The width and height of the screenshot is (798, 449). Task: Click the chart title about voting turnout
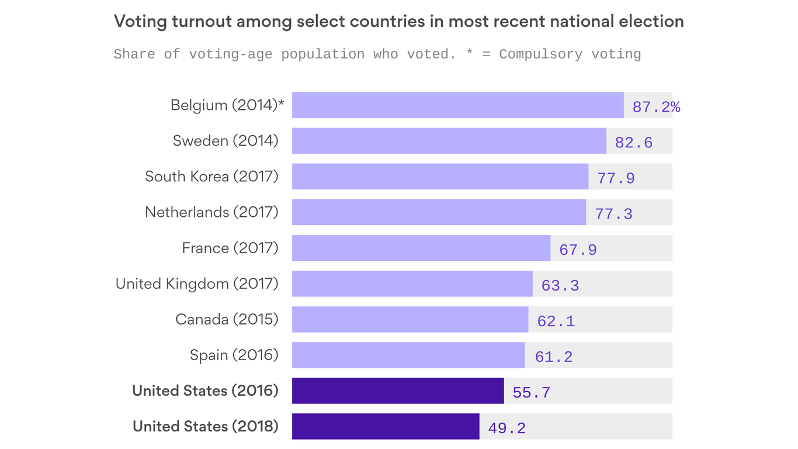[x=398, y=22]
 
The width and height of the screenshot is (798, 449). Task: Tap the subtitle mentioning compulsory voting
[x=377, y=54]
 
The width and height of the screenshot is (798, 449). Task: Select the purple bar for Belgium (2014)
[x=457, y=105]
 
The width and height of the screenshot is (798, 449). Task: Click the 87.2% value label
[x=656, y=107]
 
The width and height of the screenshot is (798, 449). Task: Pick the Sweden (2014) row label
[x=225, y=141]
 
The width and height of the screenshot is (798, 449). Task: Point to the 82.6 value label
[x=633, y=143]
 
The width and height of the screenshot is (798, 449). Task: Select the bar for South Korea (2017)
[x=440, y=177]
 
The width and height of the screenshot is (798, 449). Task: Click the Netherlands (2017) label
[x=211, y=212]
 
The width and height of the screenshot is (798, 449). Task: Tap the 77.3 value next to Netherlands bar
[x=613, y=214]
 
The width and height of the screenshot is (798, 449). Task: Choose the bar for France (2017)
[x=421, y=248]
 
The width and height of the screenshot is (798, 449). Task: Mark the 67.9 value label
[x=578, y=250]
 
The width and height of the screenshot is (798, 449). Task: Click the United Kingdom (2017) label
[x=197, y=284]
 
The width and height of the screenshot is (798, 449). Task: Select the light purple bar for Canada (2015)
[x=410, y=319]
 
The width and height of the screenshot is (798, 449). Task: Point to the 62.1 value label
[x=556, y=321]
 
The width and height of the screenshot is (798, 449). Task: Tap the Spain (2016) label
[x=234, y=355]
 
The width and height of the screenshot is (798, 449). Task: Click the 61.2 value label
[x=553, y=357]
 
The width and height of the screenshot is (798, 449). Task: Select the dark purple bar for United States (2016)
[x=397, y=391]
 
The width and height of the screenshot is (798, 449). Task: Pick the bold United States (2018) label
[x=206, y=426]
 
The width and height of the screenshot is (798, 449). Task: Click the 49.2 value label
[x=506, y=428]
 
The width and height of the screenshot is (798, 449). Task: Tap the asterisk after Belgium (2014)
[x=282, y=103]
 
